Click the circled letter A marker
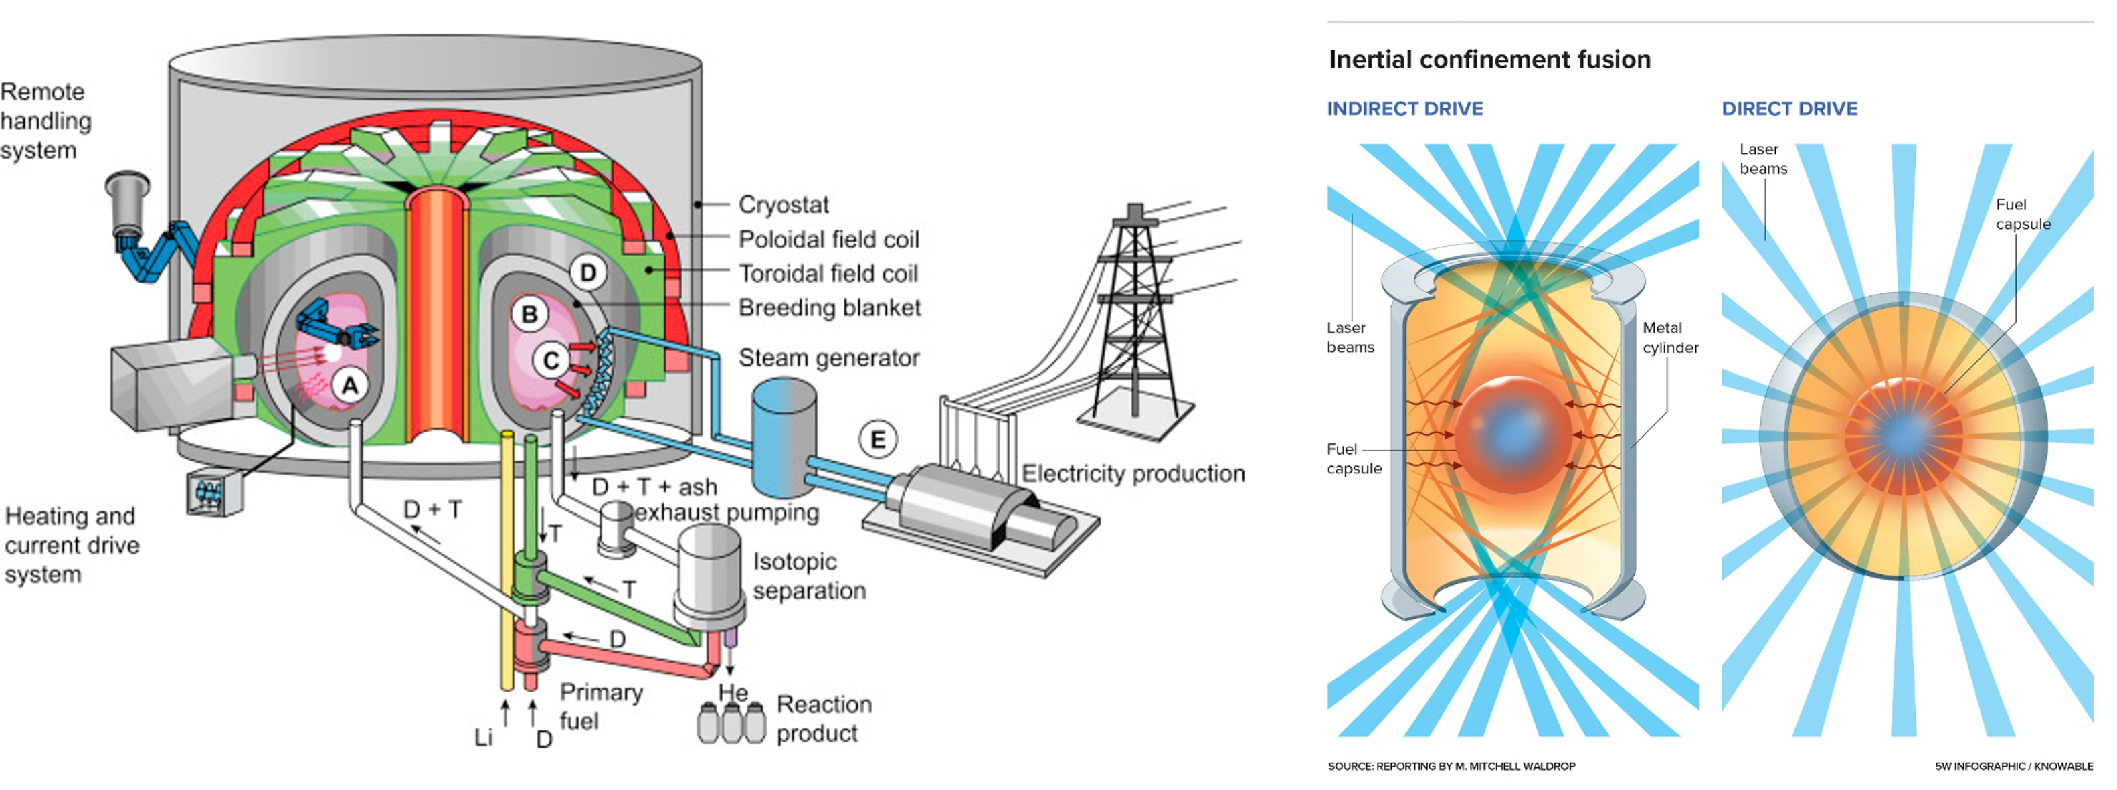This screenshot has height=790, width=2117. click(350, 385)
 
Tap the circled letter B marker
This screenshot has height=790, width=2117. click(529, 314)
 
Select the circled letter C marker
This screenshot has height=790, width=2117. click(551, 360)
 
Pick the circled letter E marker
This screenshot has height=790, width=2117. click(878, 440)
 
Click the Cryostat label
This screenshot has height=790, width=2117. click(784, 204)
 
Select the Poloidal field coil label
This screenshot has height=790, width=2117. click(828, 239)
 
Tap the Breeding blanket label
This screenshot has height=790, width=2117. click(829, 307)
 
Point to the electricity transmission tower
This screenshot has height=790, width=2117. click(1135, 321)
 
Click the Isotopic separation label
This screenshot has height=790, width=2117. click(810, 576)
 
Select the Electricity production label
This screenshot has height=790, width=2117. click(1133, 473)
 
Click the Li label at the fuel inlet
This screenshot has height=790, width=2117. click(483, 737)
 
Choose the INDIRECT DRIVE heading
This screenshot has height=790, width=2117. click(1404, 108)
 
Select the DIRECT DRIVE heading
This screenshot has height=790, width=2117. click(1789, 108)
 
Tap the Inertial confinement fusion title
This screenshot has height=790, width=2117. click(1489, 59)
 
